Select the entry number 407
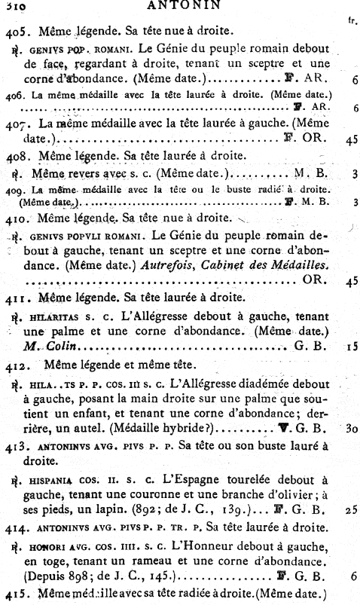click(17, 123)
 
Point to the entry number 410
click(17, 218)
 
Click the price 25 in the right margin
click(350, 510)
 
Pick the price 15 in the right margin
click(351, 349)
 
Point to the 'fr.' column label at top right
click(351, 22)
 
